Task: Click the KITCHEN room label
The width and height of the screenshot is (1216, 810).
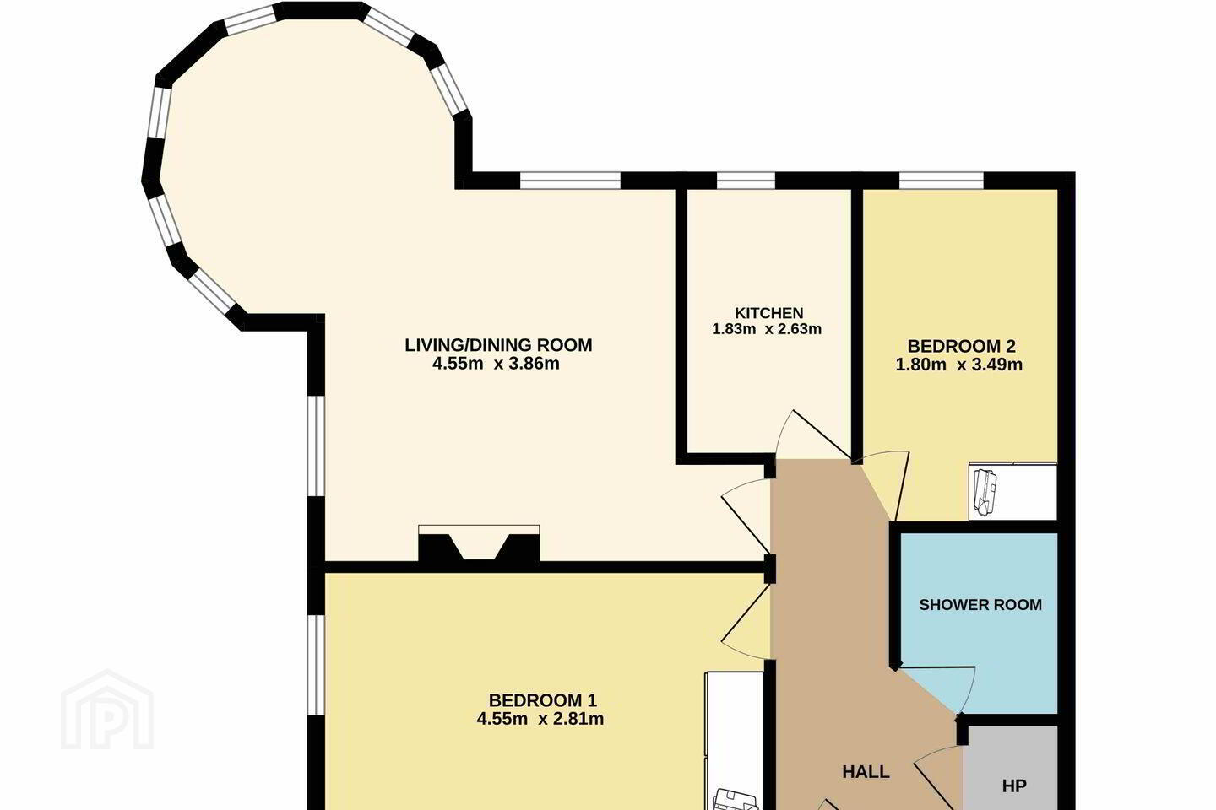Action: coord(768,313)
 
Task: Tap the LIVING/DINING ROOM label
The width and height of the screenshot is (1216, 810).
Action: coord(498,345)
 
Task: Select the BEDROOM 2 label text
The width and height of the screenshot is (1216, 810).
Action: coord(961,346)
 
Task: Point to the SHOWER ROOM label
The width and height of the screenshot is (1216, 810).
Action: coord(980,605)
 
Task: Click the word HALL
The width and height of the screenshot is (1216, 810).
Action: coord(866,771)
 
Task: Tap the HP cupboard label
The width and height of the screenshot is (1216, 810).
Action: coord(1014,786)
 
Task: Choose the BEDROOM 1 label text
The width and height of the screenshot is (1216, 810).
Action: coord(542,700)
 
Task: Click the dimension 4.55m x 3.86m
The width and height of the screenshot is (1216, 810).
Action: coord(496,364)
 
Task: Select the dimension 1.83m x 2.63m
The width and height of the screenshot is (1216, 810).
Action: coord(767,329)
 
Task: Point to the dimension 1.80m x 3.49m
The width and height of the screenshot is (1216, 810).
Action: coord(958,364)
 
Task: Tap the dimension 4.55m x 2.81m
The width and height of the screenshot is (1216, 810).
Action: coord(540,719)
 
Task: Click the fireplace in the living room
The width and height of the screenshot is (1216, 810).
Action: coord(479,545)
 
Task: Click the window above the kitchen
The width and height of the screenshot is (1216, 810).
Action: coord(746,180)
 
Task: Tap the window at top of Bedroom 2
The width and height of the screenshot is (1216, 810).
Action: coord(942,180)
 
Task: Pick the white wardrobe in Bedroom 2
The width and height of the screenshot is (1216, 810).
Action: coord(1012,491)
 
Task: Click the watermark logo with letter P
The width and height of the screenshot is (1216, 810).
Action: coord(107,710)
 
